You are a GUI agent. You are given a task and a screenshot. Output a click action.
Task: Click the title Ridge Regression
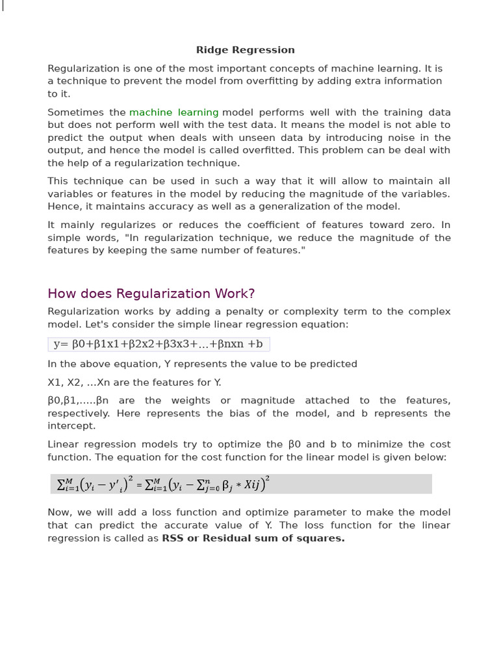(246, 50)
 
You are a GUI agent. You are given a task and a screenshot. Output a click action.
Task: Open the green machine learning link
(173, 112)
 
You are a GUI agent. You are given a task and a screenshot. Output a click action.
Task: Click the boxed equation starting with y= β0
(159, 344)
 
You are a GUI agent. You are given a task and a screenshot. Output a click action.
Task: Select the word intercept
(71, 426)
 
